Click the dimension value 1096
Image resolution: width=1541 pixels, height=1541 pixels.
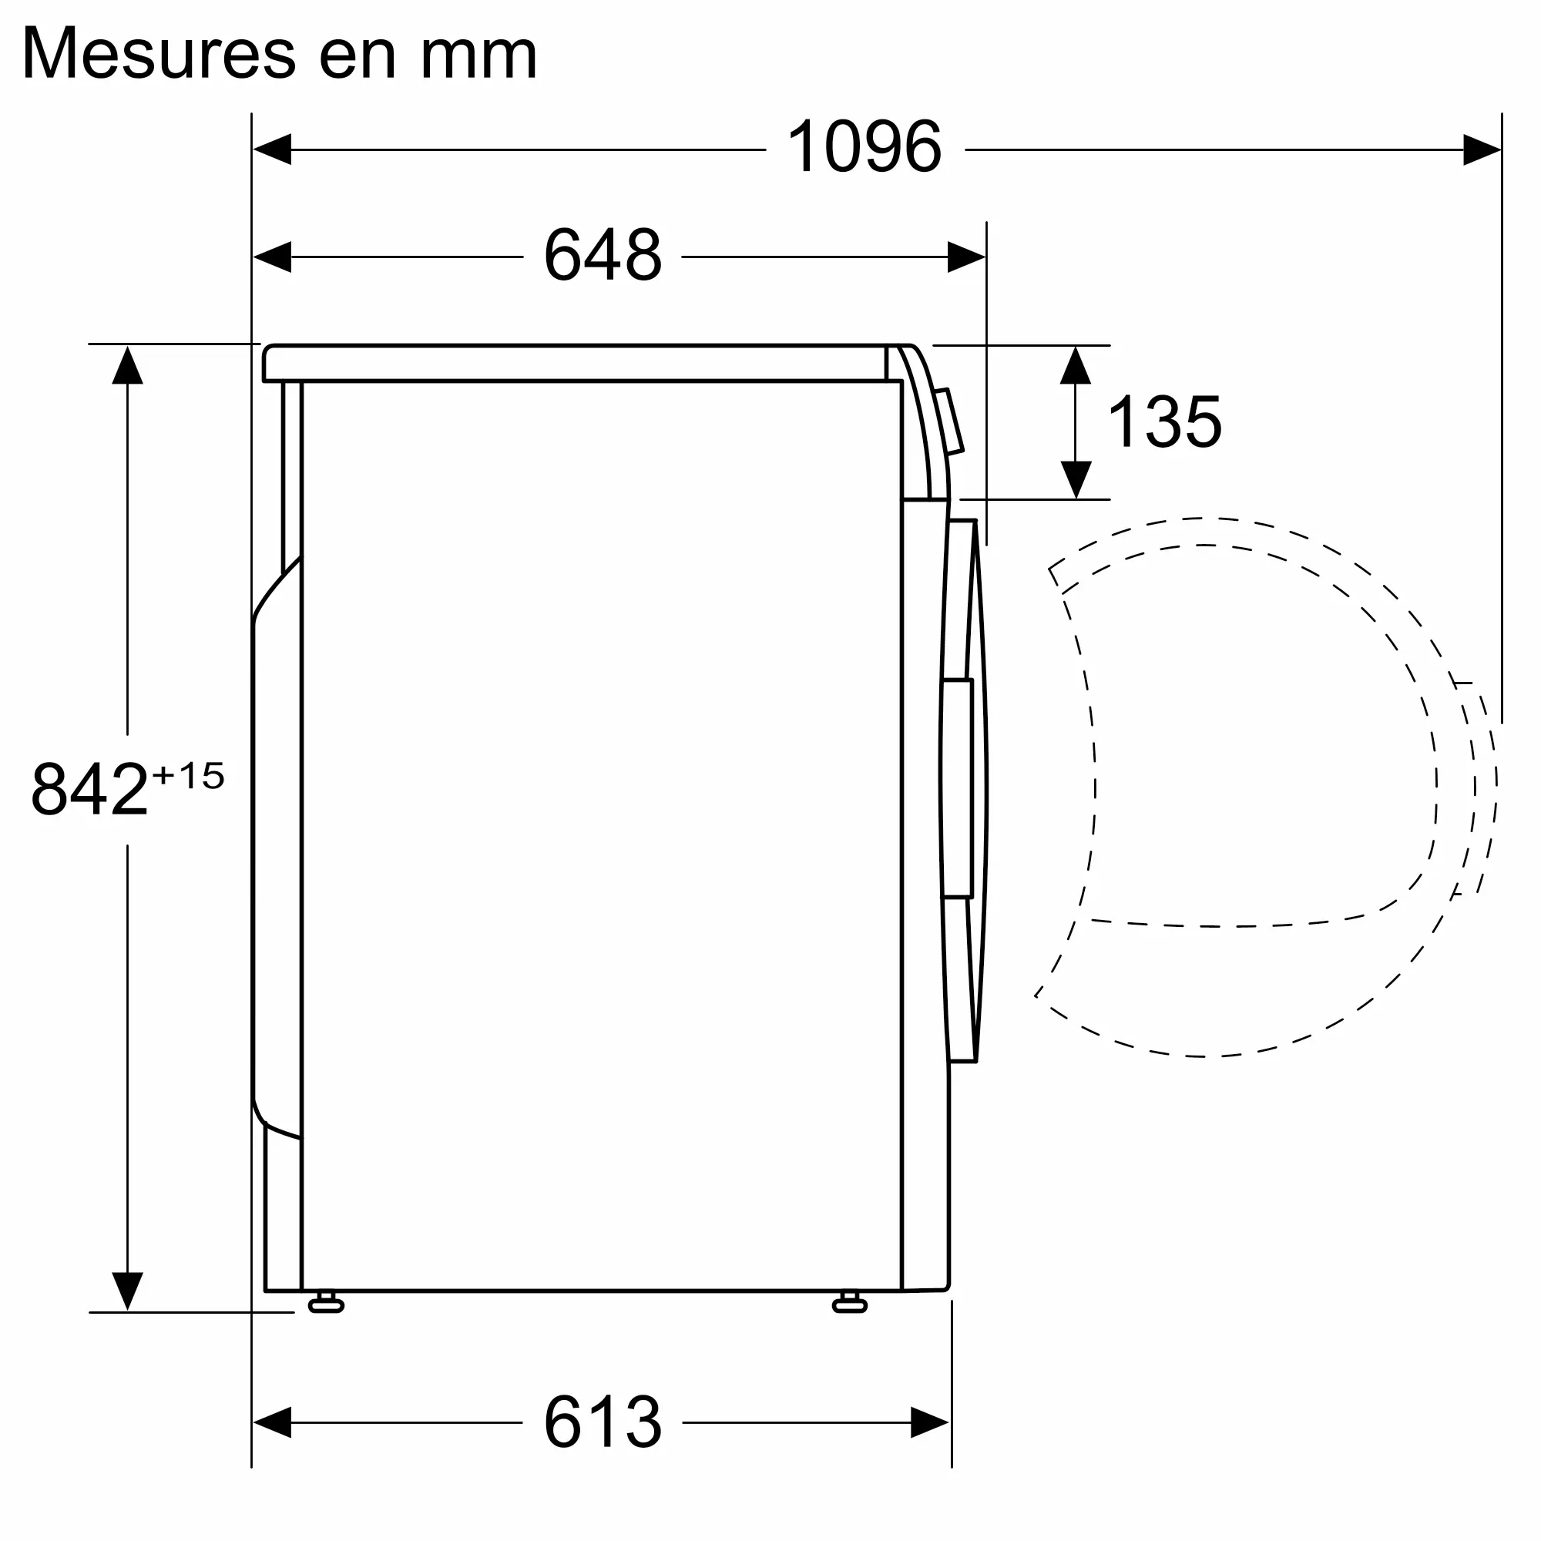(864, 146)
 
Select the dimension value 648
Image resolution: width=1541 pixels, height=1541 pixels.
(603, 255)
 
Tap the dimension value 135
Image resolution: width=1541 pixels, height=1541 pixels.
(1163, 422)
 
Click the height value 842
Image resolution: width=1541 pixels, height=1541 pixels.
(89, 789)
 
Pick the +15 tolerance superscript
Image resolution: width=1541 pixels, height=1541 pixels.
(188, 775)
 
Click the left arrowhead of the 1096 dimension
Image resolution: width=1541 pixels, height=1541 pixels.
(272, 149)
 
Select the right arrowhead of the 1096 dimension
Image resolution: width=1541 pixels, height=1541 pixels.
(1482, 149)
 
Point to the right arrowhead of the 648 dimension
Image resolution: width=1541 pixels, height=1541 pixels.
(966, 257)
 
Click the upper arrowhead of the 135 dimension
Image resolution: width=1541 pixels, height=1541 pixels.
(1075, 365)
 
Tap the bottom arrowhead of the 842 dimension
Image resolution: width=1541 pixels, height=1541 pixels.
(128, 1291)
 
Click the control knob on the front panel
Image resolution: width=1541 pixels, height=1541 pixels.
(949, 421)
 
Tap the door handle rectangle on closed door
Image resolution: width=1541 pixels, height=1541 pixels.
(957, 788)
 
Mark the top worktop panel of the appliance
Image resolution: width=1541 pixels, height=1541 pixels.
(574, 363)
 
